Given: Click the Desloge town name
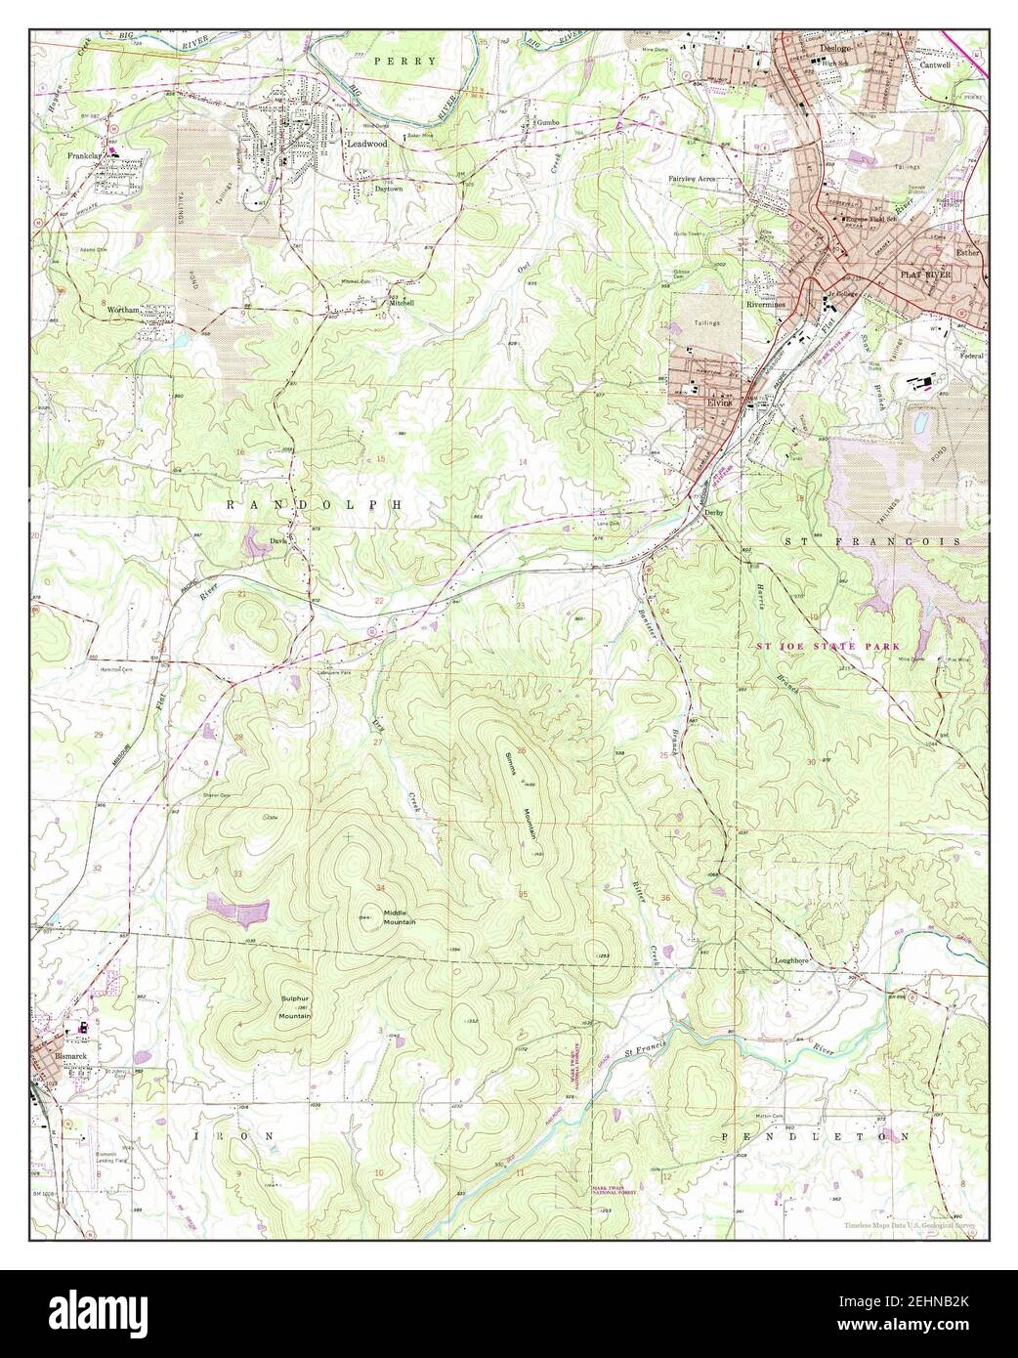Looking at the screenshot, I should (x=835, y=47).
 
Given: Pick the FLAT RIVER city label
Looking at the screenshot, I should (x=923, y=276).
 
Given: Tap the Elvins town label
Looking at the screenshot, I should (x=720, y=401).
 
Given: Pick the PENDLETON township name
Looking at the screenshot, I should (x=815, y=1136).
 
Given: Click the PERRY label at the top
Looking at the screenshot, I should (x=403, y=60).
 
